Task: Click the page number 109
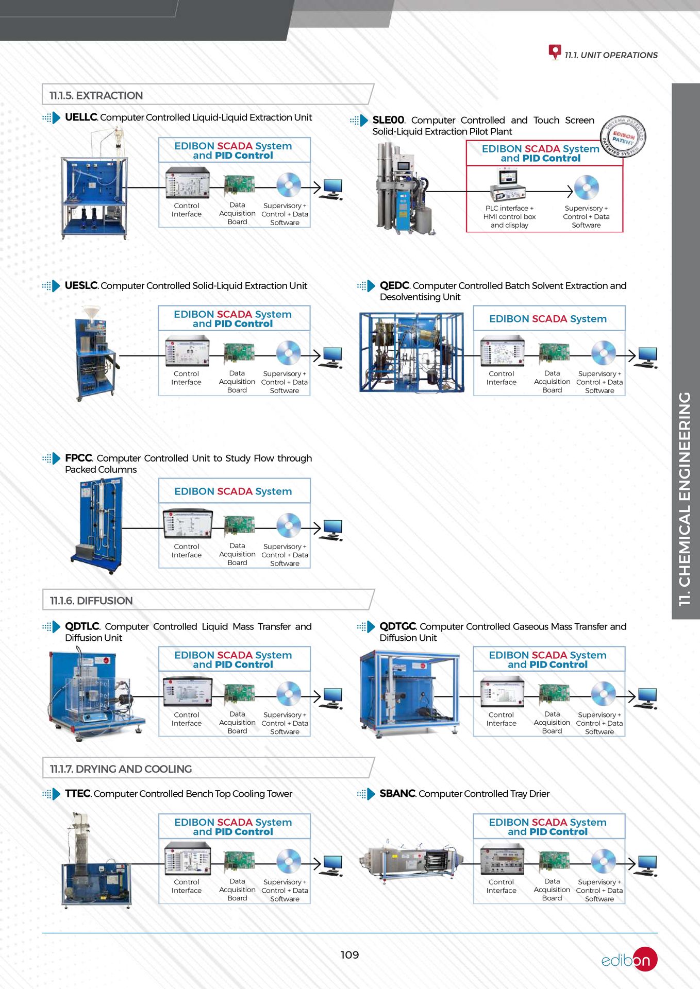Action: click(x=349, y=954)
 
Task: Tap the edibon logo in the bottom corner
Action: click(x=629, y=960)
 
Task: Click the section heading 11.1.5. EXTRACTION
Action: click(x=96, y=95)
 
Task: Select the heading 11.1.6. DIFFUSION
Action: click(x=91, y=601)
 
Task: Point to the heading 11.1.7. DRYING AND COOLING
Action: click(x=121, y=769)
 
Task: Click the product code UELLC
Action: click(x=81, y=117)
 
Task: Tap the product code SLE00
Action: click(x=388, y=120)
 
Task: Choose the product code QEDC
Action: click(x=394, y=285)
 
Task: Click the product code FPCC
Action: click(x=78, y=458)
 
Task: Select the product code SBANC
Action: click(x=397, y=794)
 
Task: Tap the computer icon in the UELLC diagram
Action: click(x=332, y=189)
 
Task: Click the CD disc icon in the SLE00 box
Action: click(x=586, y=187)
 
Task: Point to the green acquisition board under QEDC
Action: click(x=554, y=353)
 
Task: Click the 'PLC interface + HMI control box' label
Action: click(x=509, y=213)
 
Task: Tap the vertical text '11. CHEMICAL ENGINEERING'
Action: click(x=685, y=499)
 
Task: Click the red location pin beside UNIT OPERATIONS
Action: click(x=555, y=52)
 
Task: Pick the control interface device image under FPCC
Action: click(x=187, y=524)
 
